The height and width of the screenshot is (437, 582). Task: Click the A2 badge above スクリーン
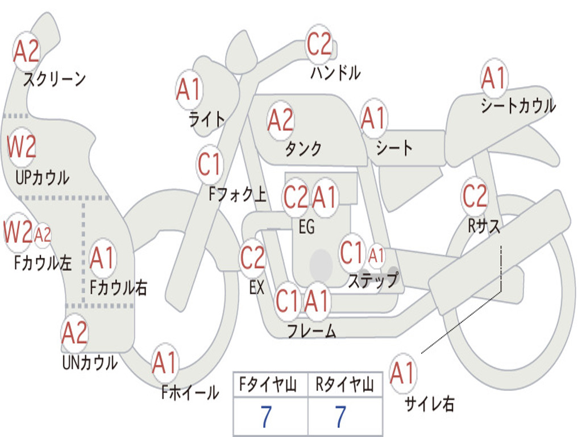point(26,51)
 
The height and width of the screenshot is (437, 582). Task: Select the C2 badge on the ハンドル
point(318,44)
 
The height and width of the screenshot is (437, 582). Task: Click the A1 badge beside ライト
point(189,90)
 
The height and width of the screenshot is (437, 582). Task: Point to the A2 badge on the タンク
point(280,121)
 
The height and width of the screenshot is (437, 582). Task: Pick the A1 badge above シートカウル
point(494,78)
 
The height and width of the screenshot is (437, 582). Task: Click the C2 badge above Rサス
point(475,196)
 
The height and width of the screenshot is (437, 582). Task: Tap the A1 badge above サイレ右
point(402,373)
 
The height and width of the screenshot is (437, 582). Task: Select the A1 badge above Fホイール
point(165,362)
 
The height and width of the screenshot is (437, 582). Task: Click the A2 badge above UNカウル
point(74,333)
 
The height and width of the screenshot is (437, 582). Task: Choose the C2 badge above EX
point(252,257)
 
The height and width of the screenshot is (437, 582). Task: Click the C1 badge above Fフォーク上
point(210,164)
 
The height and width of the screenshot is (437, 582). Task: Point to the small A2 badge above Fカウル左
point(42,234)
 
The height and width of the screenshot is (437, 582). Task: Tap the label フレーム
point(312,331)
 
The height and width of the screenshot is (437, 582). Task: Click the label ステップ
point(373,279)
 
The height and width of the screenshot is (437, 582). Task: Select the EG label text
point(306,226)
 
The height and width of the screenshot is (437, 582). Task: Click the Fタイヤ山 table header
point(268,385)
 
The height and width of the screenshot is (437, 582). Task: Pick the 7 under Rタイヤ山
point(341,417)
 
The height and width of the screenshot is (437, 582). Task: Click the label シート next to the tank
point(394,147)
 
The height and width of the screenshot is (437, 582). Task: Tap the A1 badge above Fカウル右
point(102,258)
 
